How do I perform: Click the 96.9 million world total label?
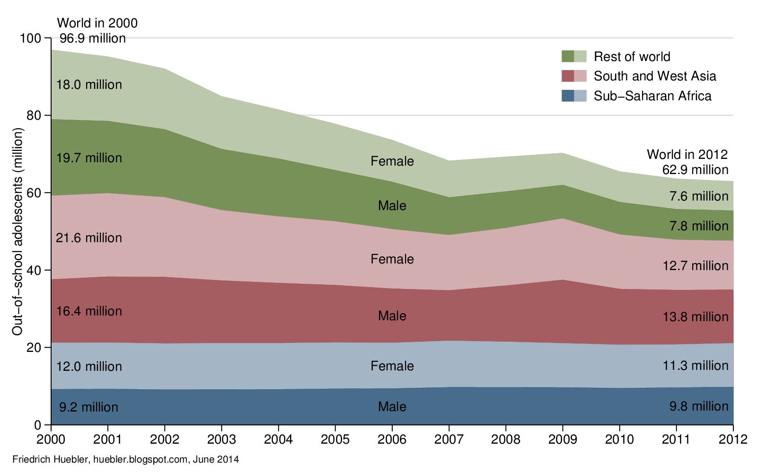coord(93,38)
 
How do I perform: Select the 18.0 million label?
coord(89,85)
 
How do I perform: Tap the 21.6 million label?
coord(89,238)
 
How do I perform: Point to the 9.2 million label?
coord(88,407)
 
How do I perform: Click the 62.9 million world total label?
coord(695,170)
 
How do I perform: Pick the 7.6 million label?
coord(698,196)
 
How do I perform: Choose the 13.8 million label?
coord(695,317)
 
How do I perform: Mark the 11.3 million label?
coord(695,366)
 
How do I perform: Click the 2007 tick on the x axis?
coord(449,439)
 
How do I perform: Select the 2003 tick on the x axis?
coord(221,439)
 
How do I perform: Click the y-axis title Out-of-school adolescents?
coord(18,232)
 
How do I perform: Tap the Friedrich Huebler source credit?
coord(125,459)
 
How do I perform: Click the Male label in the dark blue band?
coord(392,407)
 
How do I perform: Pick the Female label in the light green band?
coord(392,161)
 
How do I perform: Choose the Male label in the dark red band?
coord(392,316)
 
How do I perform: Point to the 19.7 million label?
coord(89,158)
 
